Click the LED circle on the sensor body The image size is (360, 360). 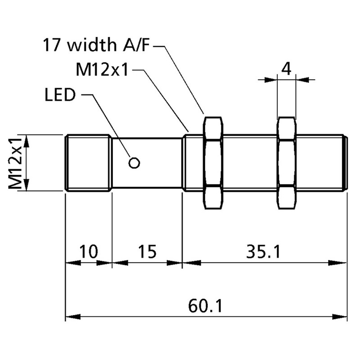coord(134,163)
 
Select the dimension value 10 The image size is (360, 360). coord(89,251)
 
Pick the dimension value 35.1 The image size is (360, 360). coord(263,251)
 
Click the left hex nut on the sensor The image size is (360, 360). coord(213,163)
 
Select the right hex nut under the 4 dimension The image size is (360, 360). coord(286,163)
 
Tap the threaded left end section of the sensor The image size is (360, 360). coord(89,163)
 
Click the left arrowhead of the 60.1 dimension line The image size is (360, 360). coord(72,317)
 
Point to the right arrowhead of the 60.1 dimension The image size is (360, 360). coord(341,317)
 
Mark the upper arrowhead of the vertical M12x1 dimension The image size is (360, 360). coord(26,140)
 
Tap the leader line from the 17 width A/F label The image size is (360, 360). coord(182,79)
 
